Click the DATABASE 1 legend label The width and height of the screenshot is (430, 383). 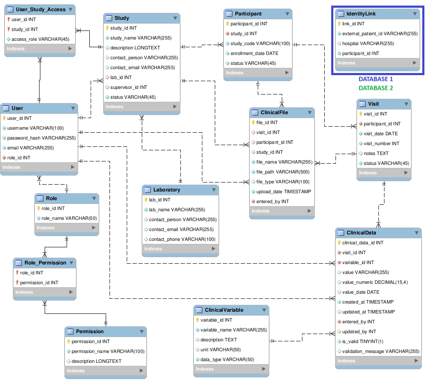tap(375, 79)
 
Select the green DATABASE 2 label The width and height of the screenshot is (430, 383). tap(375, 88)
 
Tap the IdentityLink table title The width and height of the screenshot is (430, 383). tap(361, 14)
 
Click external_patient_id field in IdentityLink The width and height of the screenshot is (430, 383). tap(380, 33)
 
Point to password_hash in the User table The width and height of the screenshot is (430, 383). tap(41, 138)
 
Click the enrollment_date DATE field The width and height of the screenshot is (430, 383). tap(254, 53)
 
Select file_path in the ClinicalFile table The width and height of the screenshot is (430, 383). tap(283, 172)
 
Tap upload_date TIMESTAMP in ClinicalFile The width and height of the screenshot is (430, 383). tap(284, 191)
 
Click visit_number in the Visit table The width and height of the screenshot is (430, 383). tap(381, 143)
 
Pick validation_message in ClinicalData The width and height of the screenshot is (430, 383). tap(381, 351)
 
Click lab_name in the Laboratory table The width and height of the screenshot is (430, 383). tap(177, 210)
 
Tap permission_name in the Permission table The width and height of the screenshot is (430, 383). tap(108, 351)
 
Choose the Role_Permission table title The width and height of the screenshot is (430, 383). tap(45, 263)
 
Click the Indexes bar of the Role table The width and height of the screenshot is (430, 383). tap(67, 228)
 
